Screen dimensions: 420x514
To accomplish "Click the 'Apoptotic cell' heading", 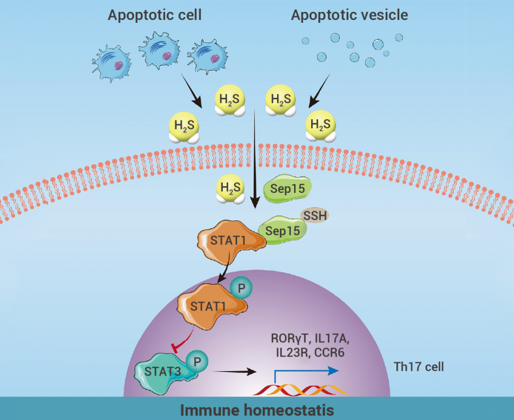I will (155, 15).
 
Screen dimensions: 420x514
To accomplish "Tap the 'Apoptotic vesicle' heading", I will (350, 15).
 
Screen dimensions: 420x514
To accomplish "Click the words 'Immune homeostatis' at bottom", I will (257, 410).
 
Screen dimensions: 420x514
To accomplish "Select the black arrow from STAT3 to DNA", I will (234, 372).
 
